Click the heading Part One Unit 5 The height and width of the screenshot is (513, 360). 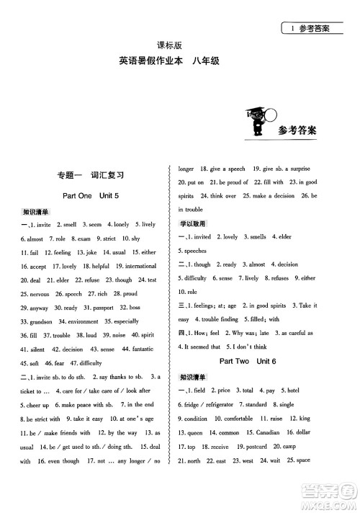[90, 195]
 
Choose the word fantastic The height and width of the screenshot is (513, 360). [138, 349]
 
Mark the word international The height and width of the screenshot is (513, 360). [135, 266]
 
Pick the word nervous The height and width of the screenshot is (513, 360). [34, 293]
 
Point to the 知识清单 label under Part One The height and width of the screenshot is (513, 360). [35, 212]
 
